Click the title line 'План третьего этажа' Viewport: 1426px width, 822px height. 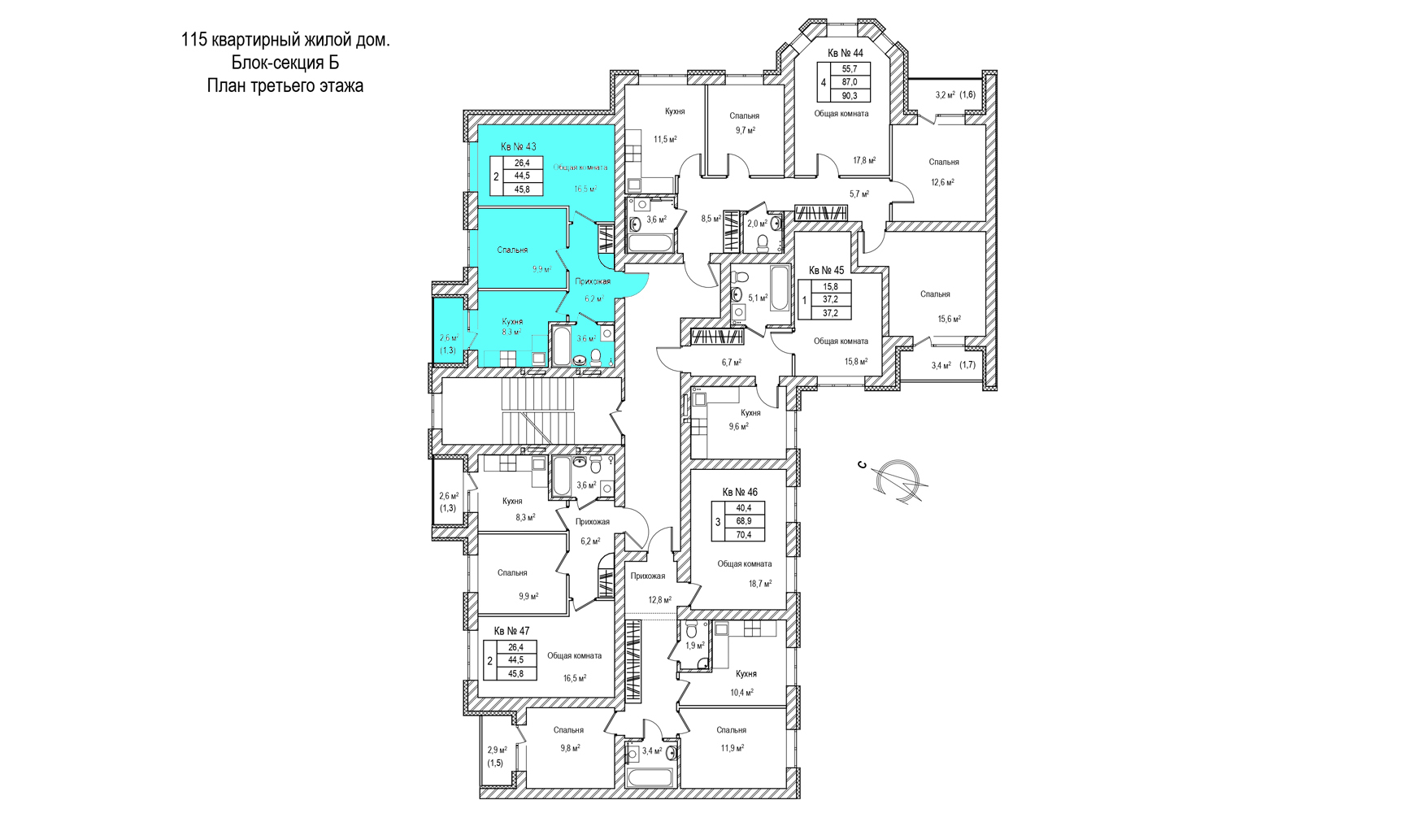tap(285, 85)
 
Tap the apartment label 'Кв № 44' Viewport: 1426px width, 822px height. tap(846, 53)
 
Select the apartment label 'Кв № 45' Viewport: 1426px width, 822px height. tap(826, 270)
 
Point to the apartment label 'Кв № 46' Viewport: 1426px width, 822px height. tap(740, 492)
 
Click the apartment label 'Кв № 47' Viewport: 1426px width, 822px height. tap(511, 631)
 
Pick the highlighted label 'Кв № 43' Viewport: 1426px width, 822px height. tap(518, 146)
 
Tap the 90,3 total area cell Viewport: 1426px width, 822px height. tap(850, 95)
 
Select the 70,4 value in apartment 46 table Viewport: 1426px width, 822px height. tap(744, 535)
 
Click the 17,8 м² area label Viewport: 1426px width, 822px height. tap(864, 161)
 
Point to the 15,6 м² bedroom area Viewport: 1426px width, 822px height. tap(950, 319)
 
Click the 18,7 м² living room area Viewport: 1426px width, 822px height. tap(760, 583)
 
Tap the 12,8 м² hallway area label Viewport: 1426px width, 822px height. tap(659, 600)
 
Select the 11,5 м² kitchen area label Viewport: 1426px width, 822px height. tap(665, 139)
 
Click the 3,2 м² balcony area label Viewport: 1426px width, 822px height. tap(945, 95)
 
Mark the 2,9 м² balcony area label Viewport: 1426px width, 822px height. tap(497, 750)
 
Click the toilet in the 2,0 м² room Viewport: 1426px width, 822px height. tap(763, 241)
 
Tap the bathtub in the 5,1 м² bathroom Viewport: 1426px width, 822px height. tap(779, 289)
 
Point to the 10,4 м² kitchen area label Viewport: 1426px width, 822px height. tap(741, 693)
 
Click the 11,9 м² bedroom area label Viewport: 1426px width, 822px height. tap(732, 748)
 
